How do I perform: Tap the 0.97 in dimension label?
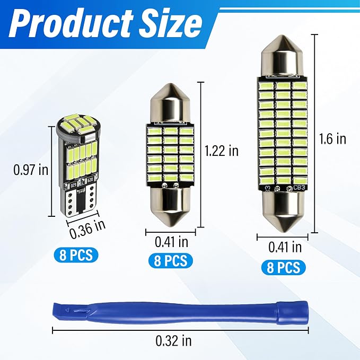click(x=31, y=170)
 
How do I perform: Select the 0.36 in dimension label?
click(x=87, y=229)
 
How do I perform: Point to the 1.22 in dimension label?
click(x=222, y=151)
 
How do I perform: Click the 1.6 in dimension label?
click(x=332, y=139)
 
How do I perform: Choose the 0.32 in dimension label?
click(x=173, y=341)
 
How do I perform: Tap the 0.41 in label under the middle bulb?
click(x=171, y=242)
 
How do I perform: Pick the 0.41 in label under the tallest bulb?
click(x=285, y=248)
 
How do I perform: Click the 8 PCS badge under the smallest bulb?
click(x=76, y=255)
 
